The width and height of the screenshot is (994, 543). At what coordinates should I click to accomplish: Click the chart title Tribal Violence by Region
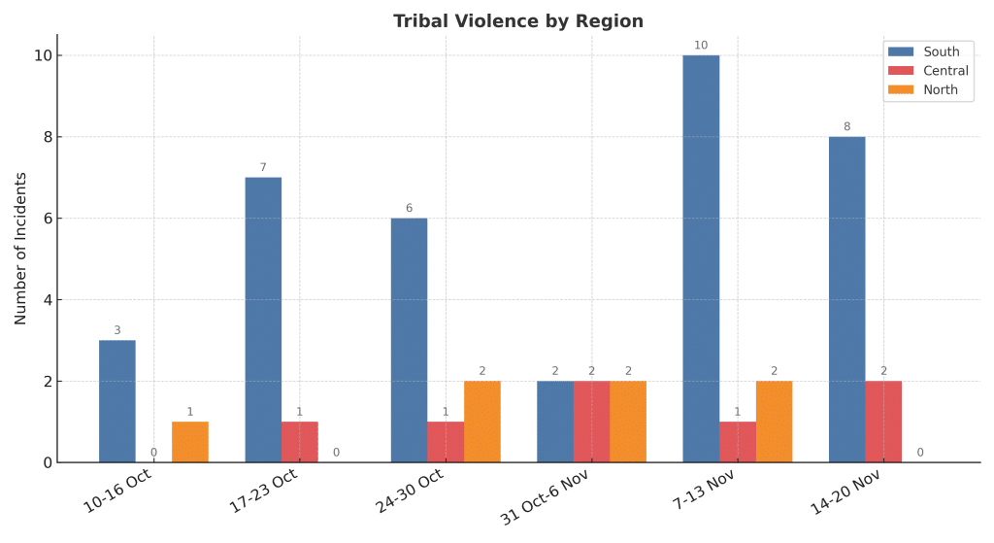[x=517, y=21]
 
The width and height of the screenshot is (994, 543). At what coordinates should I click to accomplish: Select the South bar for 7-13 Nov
[x=701, y=258]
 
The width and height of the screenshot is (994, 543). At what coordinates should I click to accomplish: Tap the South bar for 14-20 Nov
[x=846, y=299]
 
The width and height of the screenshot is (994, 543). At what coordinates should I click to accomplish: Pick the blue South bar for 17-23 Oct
[x=263, y=320]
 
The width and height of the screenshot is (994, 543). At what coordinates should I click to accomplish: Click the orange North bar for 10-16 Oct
[x=190, y=442]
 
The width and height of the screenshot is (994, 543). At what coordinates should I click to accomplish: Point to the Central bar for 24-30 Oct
[x=446, y=442]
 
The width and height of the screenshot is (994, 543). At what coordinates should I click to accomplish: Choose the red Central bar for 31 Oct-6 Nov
[x=591, y=422]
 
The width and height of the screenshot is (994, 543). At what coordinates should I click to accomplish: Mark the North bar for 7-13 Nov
[x=774, y=422]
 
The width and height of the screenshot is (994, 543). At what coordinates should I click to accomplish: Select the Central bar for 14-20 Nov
[x=883, y=422]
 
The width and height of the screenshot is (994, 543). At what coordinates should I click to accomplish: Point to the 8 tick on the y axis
[x=46, y=137]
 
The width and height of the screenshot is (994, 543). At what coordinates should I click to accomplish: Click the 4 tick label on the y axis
[x=46, y=300]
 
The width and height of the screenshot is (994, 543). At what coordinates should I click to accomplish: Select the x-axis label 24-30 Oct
[x=410, y=491]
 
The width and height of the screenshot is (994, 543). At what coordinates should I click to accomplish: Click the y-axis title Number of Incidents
[x=20, y=249]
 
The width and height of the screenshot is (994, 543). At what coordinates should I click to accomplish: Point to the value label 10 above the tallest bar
[x=701, y=45]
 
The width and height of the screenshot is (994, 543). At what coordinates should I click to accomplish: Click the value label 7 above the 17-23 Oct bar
[x=263, y=167]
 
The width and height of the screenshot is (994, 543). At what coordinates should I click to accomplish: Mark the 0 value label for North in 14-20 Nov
[x=919, y=452]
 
